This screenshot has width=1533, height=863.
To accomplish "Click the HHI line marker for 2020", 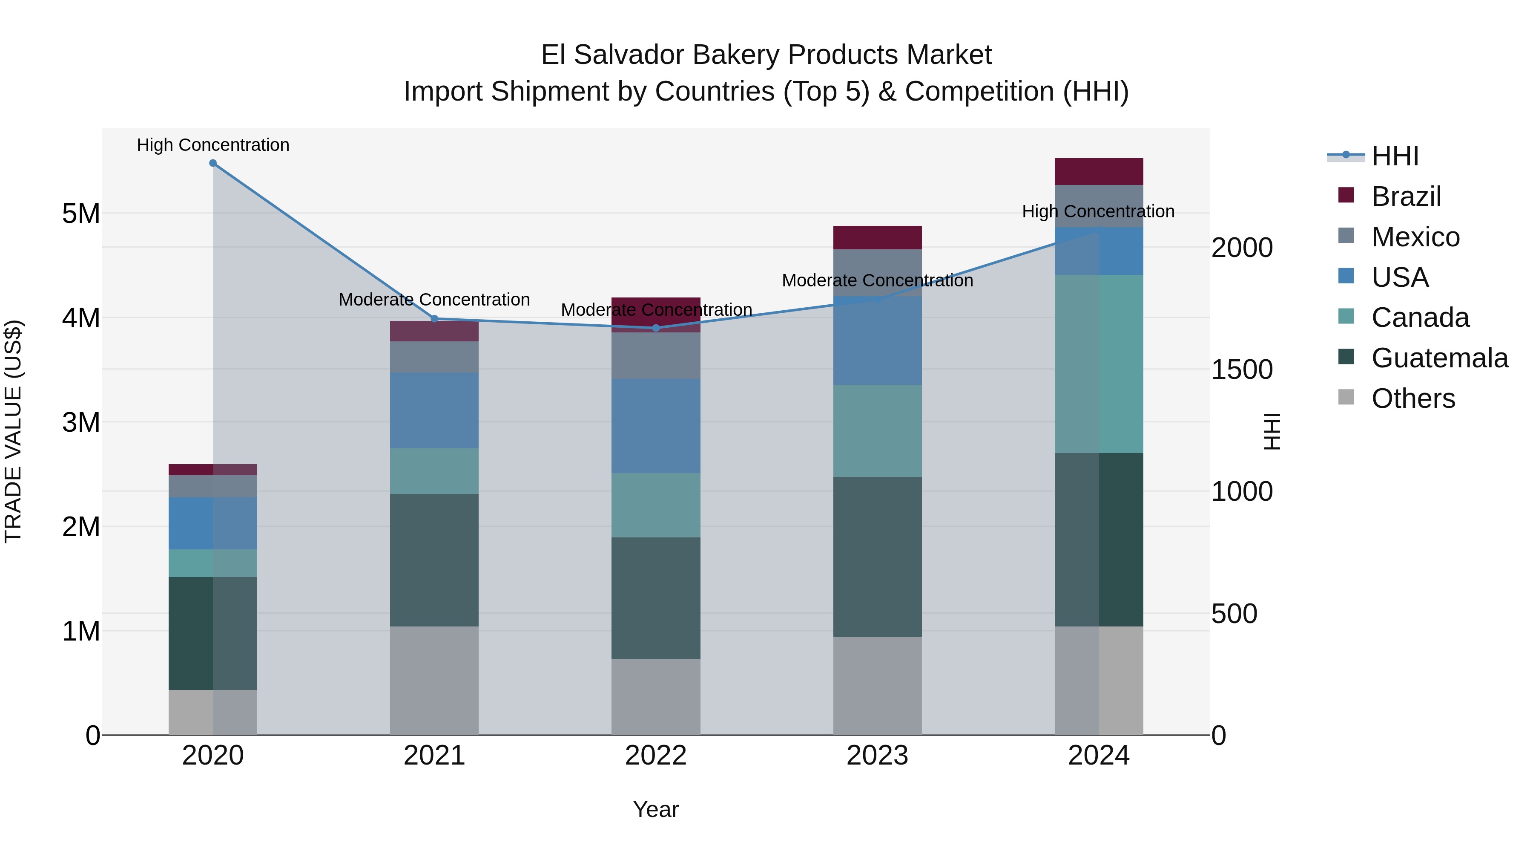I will tap(213, 163).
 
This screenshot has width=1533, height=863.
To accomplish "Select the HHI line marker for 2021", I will tap(434, 319).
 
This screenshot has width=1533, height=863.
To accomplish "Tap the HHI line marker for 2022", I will tap(656, 328).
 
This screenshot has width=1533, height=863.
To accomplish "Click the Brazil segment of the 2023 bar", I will tap(877, 238).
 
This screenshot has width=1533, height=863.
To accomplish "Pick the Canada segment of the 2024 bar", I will tap(1099, 364).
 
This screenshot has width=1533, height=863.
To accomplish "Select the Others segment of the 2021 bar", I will tap(434, 680).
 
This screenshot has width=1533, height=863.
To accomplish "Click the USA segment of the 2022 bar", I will tap(656, 426).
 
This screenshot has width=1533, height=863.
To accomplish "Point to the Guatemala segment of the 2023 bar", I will tap(877, 557).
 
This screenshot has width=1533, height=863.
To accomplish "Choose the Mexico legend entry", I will tap(1415, 237).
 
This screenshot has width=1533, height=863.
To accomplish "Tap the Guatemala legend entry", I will tap(1439, 358).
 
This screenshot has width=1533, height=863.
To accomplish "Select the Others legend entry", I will tap(1413, 398).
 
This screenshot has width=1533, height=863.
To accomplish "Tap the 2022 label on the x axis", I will tap(656, 756).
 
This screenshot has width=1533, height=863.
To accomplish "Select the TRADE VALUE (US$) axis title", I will tap(13, 431).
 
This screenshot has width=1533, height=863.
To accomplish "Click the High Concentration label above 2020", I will tap(213, 145).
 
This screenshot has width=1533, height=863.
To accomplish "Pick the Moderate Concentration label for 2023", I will tap(877, 280).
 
